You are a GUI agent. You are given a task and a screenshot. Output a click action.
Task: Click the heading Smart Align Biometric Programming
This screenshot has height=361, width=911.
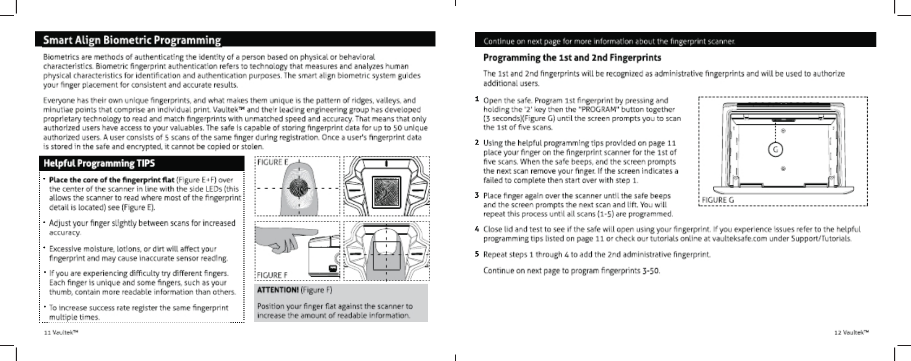tap(132, 41)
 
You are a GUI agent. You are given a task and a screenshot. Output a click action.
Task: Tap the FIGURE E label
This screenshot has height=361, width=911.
tap(272, 162)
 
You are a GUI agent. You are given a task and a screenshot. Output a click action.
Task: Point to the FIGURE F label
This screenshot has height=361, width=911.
tap(272, 275)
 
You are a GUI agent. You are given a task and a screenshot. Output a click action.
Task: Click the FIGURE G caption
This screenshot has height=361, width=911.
tap(717, 200)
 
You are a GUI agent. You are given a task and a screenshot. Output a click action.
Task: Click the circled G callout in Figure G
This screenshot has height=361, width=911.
tap(776, 150)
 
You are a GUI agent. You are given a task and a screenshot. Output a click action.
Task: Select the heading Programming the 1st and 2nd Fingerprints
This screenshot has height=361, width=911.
tap(572, 57)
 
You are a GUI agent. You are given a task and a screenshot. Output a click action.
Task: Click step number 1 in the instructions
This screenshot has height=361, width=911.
tap(477, 99)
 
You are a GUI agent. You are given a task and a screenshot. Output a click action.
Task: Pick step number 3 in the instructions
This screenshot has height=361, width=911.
tap(477, 195)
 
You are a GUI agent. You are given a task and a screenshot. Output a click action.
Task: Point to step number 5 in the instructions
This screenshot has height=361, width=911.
tap(477, 253)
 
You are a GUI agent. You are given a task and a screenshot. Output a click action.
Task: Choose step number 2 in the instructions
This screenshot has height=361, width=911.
tap(477, 143)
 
